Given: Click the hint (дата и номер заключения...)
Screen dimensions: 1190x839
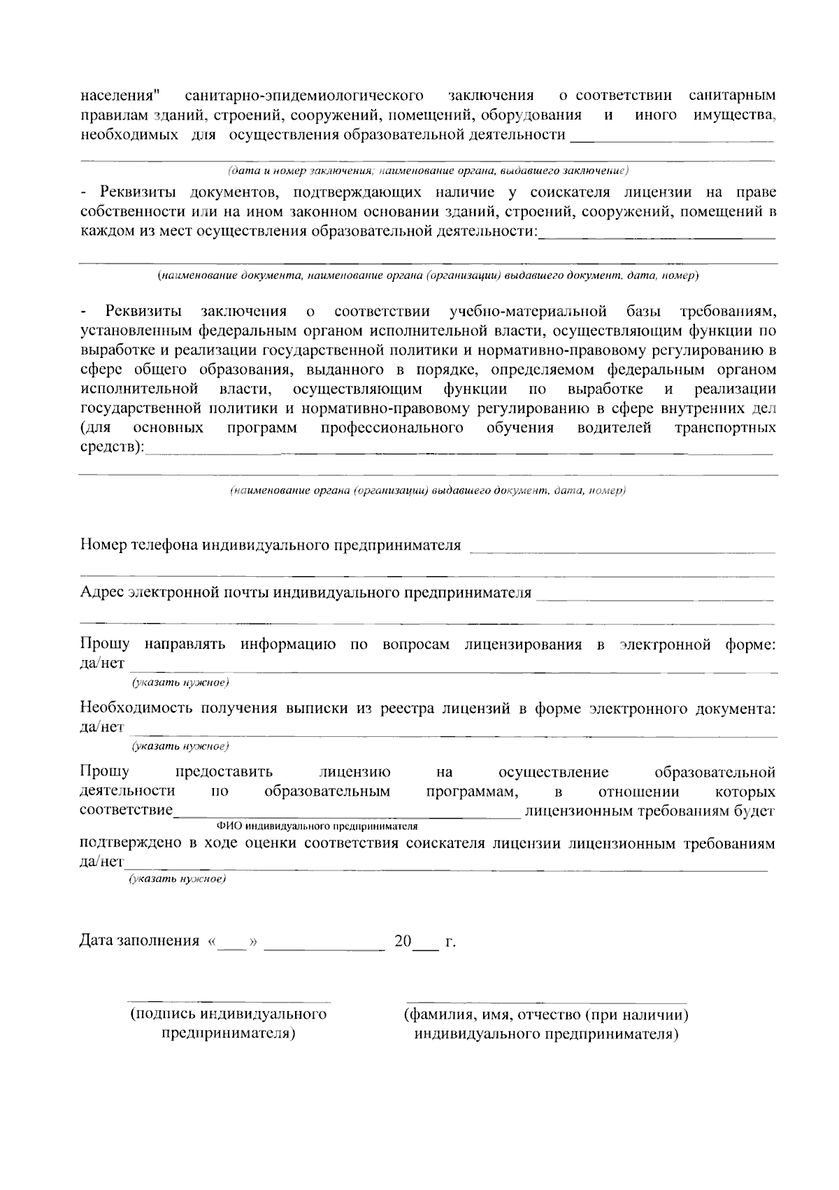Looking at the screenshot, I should (428, 171).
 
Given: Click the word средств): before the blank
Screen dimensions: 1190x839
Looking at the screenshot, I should (112, 447).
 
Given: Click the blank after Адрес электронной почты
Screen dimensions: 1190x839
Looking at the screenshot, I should (657, 598).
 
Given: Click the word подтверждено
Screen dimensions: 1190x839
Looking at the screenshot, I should (128, 843).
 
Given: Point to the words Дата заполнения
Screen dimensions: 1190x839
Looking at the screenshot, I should (140, 941).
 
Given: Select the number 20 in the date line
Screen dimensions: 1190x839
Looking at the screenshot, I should (403, 941).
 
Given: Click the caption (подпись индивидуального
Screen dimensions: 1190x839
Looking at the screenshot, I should (228, 1014).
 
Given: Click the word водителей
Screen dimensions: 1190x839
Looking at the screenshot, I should (615, 427).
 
